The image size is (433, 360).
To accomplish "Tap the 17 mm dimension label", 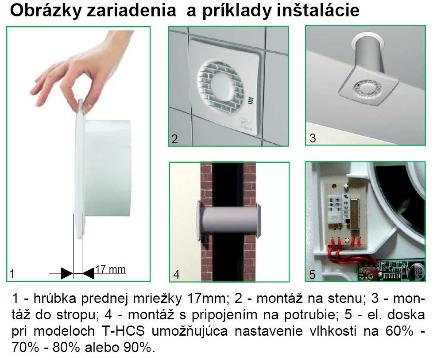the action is click(x=110, y=269).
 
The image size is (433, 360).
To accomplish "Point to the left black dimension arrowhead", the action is click(x=67, y=273).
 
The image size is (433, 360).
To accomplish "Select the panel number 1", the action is click(x=12, y=274).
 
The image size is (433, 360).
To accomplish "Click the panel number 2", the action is click(x=174, y=139).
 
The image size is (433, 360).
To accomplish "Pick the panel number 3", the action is click(x=312, y=138).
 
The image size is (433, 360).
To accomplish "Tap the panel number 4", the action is click(x=176, y=274).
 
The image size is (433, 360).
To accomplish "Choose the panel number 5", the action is click(x=312, y=275).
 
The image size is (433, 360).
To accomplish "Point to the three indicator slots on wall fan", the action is click(x=251, y=101).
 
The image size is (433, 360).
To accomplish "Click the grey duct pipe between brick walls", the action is click(x=228, y=221).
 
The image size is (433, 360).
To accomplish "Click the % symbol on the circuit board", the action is click(x=346, y=197).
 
